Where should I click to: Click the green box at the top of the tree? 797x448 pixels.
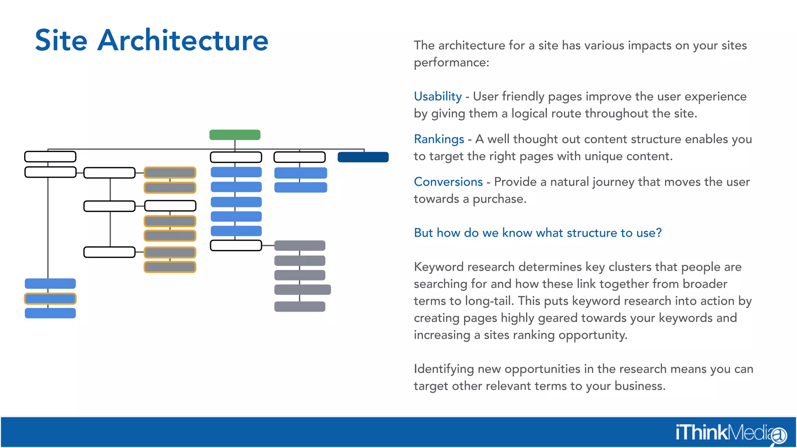235,135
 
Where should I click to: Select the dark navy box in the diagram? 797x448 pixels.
363,157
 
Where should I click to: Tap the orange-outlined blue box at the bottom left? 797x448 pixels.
50,299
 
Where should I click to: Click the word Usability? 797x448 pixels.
437,96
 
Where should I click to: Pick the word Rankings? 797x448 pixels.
439,139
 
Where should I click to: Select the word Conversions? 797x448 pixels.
448,182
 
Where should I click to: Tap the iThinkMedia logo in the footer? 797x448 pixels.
730,433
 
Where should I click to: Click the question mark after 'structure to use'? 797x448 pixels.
658,233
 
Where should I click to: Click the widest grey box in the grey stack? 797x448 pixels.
302,290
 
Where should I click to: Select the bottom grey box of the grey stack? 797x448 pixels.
300,306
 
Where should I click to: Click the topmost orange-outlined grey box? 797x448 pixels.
170,173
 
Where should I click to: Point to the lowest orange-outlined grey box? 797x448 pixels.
170,267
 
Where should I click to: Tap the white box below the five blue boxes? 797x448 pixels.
236,245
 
